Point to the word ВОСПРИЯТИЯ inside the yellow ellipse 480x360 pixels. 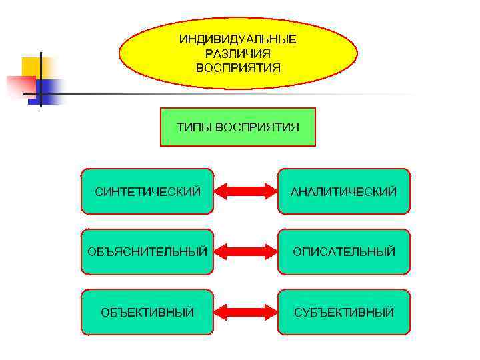pos(238,67)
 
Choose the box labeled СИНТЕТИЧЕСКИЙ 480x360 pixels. pos(147,191)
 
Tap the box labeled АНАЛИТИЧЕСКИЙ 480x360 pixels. pos(343,191)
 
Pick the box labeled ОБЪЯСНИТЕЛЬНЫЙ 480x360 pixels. pos(147,252)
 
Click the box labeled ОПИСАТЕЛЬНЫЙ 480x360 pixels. pos(343,252)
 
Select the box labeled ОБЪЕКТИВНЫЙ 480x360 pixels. pos(147,312)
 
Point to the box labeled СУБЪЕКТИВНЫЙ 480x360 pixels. pos(343,312)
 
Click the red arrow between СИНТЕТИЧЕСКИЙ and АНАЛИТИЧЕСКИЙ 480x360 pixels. pos(245,191)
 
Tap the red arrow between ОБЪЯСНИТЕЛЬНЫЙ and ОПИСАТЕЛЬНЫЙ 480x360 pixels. pos(245,252)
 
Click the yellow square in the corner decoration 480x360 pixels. pos(31,67)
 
